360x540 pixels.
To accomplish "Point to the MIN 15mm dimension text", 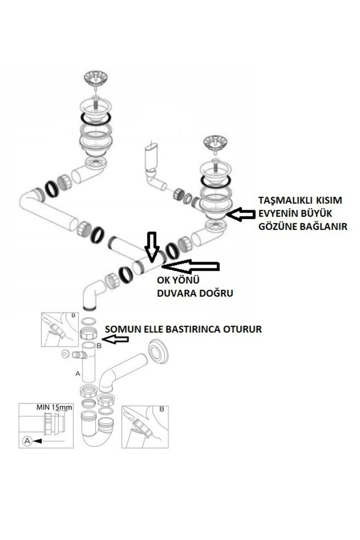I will tap(54, 407).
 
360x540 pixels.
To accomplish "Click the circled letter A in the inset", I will tap(27, 441).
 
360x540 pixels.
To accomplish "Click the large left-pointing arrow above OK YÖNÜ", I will tap(192, 266).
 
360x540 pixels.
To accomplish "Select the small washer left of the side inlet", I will tap(65, 354).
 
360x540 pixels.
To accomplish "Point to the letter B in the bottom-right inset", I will tap(161, 409).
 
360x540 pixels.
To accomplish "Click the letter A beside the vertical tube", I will tap(78, 373).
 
